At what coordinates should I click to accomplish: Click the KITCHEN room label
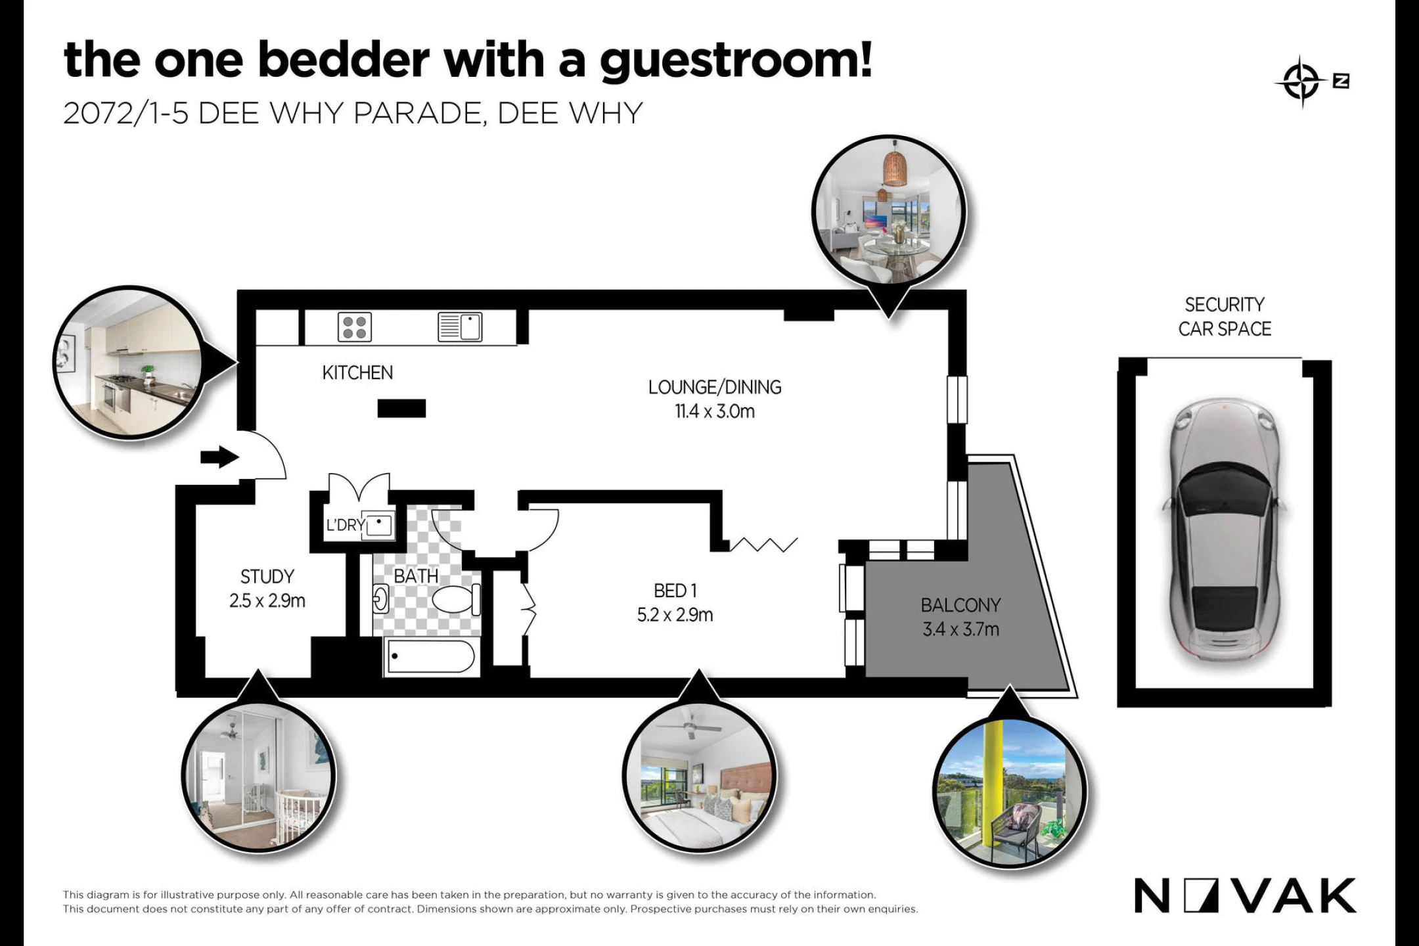[x=357, y=372]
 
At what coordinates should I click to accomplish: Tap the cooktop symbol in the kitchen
[x=355, y=327]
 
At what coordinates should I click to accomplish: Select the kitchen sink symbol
[x=460, y=327]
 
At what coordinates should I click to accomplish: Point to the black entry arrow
[x=219, y=457]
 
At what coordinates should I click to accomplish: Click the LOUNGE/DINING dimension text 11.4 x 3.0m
[x=715, y=411]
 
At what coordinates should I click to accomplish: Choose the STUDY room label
[x=267, y=576]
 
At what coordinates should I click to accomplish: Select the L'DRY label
[x=346, y=525]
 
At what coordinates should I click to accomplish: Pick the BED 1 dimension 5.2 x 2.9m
[x=675, y=615]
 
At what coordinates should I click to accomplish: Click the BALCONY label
[x=960, y=604]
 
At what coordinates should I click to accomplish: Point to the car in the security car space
[x=1225, y=529]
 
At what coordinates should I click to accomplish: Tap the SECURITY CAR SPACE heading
[x=1225, y=317]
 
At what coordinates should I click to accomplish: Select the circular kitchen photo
[x=129, y=363]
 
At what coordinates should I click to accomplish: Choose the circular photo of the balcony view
[x=1010, y=792]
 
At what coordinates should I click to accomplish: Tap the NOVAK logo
[x=1245, y=896]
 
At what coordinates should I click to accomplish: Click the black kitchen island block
[x=401, y=409]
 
